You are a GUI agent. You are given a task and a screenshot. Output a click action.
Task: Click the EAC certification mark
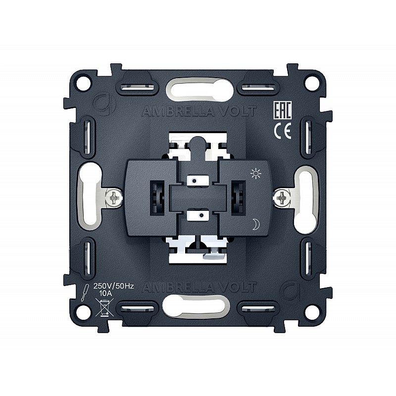click(x=283, y=110)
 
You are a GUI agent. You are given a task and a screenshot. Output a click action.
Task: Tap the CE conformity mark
click(x=283, y=131)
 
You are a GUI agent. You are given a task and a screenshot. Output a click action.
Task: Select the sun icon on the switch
click(x=256, y=174)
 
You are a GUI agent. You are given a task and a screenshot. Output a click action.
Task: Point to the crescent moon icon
click(x=256, y=224)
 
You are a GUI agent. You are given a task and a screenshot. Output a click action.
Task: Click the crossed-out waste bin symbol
click(x=104, y=307)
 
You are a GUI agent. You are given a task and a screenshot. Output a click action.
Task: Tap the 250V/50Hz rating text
click(x=114, y=286)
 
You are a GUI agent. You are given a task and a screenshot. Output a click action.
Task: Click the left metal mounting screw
click(x=114, y=198)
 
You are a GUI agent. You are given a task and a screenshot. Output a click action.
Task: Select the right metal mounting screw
click(x=281, y=197)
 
